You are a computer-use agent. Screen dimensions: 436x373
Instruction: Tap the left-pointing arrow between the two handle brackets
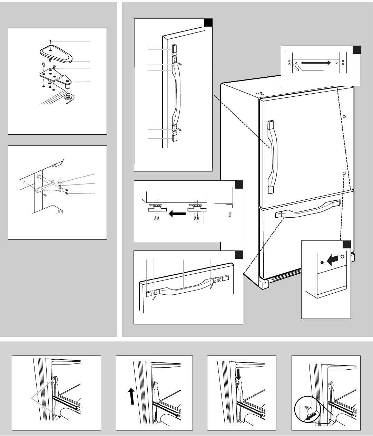click(176, 214)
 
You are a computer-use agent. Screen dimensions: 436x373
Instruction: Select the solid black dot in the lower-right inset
click(322, 263)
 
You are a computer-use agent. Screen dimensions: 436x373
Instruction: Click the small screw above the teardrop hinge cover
click(50, 41)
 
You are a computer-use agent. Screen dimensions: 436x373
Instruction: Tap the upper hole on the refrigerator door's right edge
click(344, 117)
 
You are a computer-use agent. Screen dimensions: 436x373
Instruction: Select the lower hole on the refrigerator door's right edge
click(344, 172)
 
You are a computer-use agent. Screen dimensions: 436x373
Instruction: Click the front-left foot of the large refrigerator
click(264, 284)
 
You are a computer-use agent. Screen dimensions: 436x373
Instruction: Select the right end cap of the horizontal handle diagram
click(226, 277)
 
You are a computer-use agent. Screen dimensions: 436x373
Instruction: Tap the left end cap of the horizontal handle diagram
click(148, 294)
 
